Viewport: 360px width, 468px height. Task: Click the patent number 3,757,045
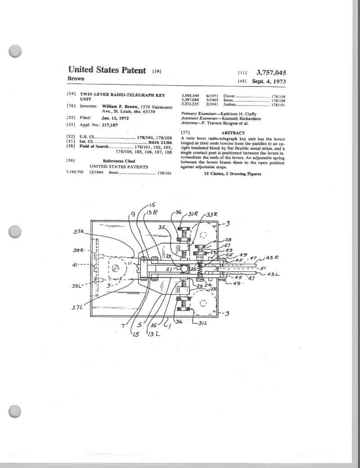[x=271, y=72]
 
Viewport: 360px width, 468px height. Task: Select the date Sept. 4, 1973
[x=269, y=82]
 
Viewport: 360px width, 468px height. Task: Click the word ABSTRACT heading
[x=233, y=133]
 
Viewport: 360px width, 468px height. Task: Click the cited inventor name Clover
[x=229, y=96]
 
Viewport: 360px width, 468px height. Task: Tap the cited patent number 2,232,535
[x=189, y=104]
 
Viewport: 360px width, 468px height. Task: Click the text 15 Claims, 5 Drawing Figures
[x=232, y=173]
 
